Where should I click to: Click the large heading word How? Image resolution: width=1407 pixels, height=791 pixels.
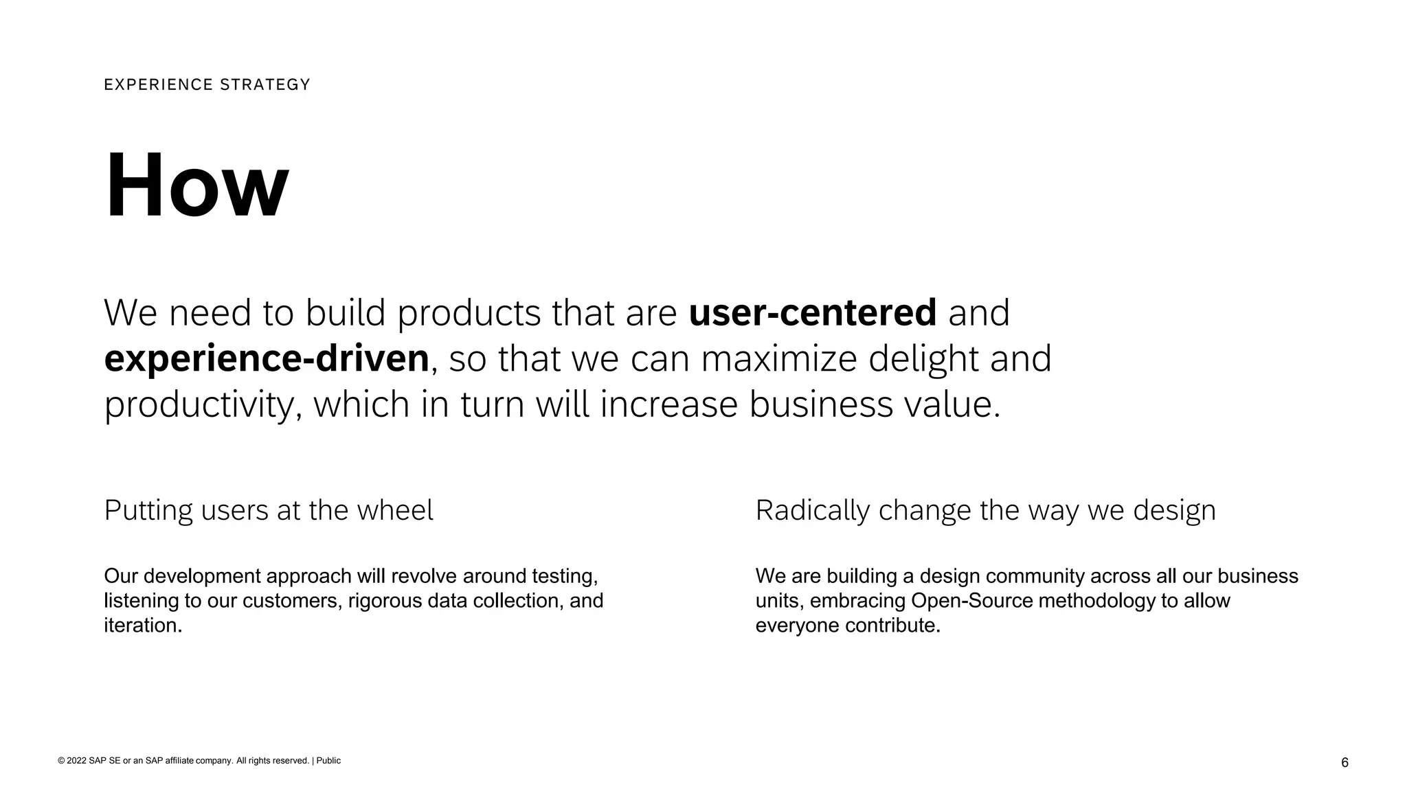click(x=196, y=186)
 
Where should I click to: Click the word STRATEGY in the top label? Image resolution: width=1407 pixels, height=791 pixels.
click(x=265, y=84)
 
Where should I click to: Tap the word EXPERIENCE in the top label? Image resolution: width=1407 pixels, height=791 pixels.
click(x=159, y=84)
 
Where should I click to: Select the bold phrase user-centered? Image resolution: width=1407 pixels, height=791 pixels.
click(x=812, y=312)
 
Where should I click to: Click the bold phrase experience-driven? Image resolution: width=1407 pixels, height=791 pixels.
click(x=267, y=358)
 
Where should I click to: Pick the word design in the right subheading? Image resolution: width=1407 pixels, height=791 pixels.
click(x=1174, y=510)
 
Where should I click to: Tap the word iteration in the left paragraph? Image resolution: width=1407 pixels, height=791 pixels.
click(x=142, y=626)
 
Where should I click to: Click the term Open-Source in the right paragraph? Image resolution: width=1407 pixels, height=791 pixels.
click(x=971, y=601)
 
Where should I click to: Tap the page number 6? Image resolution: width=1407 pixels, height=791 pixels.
click(x=1344, y=763)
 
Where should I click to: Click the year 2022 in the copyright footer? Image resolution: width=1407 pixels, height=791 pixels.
click(x=76, y=761)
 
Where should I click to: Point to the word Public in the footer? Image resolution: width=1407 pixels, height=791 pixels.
click(x=328, y=761)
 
